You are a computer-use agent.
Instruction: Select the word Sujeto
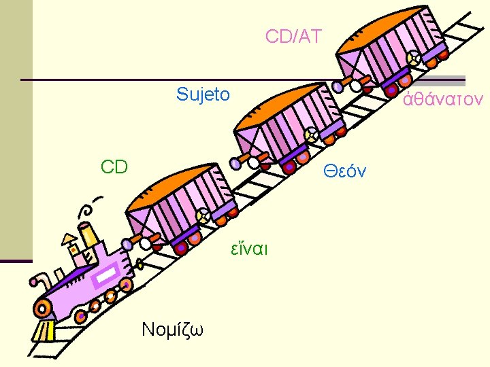pos(203,94)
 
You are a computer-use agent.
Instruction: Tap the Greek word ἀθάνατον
pos(443,100)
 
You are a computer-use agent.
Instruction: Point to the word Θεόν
pos(344,171)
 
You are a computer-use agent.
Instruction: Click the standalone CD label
pos(114,167)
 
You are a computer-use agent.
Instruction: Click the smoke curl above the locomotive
pos(86,208)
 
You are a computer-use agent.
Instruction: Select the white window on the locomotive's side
pos(108,276)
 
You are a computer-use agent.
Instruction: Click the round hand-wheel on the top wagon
pos(411,59)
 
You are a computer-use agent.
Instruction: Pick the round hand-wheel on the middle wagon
pos(310,136)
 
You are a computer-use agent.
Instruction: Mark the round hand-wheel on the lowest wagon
pos(202,217)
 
